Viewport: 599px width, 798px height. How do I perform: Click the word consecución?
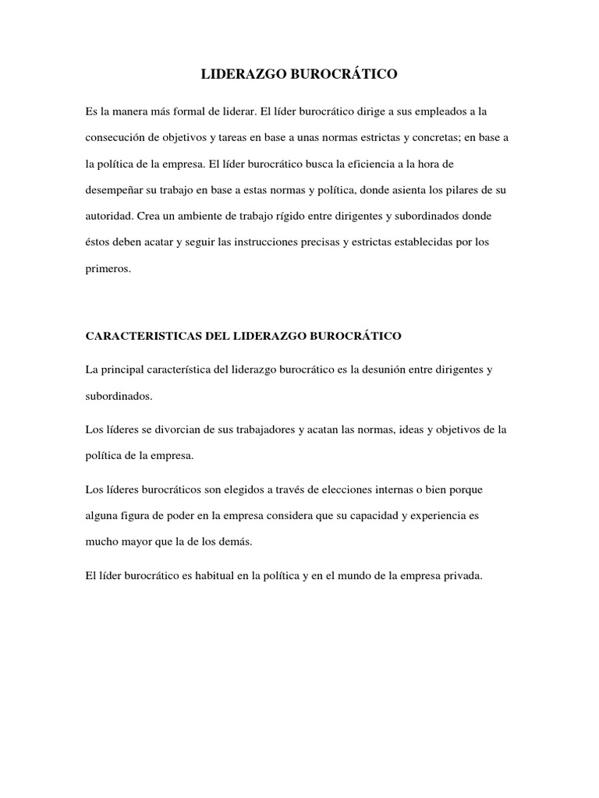click(x=115, y=138)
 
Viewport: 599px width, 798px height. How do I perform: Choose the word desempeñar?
click(x=116, y=189)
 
